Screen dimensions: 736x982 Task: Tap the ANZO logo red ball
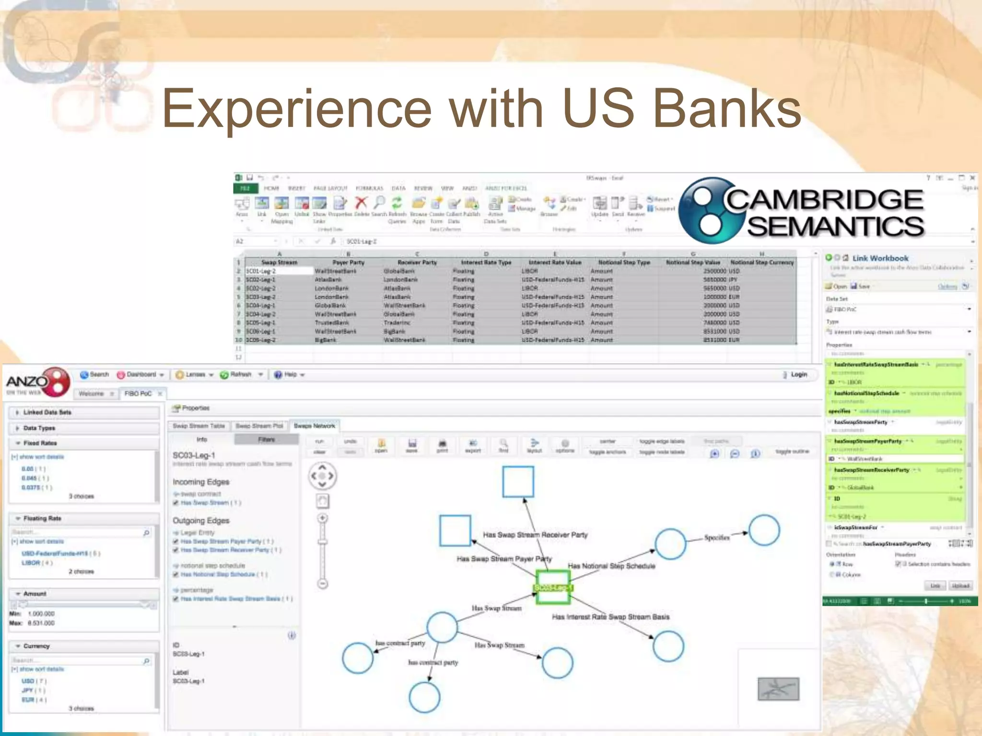pyautogui.click(x=58, y=381)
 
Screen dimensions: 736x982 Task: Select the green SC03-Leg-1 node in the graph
pyautogui.click(x=552, y=587)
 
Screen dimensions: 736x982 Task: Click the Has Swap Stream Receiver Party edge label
pyautogui.click(x=535, y=535)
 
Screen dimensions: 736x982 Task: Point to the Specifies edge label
pyautogui.click(x=717, y=538)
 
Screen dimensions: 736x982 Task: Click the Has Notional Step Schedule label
pyautogui.click(x=611, y=566)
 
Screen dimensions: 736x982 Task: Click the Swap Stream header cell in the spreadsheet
pyautogui.click(x=279, y=263)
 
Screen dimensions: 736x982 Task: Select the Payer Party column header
pyautogui.click(x=349, y=263)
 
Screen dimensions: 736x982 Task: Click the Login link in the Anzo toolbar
pyautogui.click(x=798, y=375)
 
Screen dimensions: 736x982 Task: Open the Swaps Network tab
pyautogui.click(x=314, y=425)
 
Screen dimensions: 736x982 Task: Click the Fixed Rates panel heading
pyautogui.click(x=40, y=443)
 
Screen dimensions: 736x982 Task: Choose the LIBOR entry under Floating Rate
pyautogui.click(x=31, y=563)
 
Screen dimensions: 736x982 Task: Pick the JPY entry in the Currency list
pyautogui.click(x=27, y=690)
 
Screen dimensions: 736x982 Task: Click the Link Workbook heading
pyautogui.click(x=880, y=258)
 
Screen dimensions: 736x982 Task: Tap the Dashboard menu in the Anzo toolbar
pyautogui.click(x=141, y=375)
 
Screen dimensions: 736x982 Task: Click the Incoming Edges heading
pyautogui.click(x=201, y=482)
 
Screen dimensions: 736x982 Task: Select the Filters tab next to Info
pyautogui.click(x=266, y=439)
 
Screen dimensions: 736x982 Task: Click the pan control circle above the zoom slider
pyautogui.click(x=322, y=476)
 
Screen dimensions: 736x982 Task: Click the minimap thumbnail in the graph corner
pyautogui.click(x=778, y=689)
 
